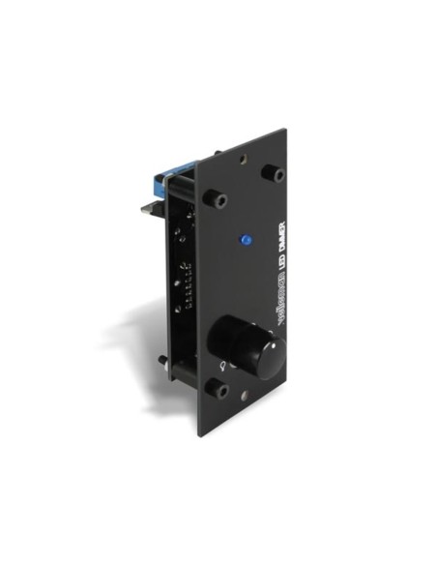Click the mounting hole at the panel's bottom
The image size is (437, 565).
250,397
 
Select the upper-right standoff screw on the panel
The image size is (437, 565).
277,172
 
